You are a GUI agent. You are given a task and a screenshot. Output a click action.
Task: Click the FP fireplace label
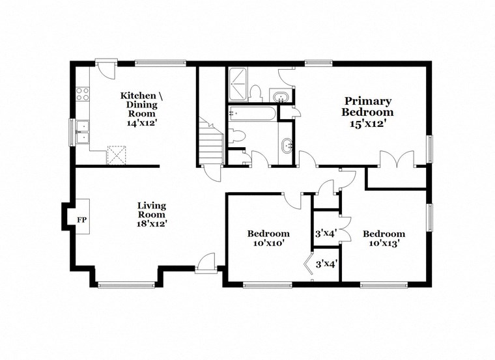[81, 220]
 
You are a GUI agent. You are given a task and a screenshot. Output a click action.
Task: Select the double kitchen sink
[83, 133]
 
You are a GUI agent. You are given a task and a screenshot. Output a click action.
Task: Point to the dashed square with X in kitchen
[117, 154]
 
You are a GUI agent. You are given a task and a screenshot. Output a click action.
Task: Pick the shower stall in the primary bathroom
[238, 83]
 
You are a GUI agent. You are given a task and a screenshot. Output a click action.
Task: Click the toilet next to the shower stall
[256, 91]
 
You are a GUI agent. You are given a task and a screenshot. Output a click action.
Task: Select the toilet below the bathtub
[237, 135]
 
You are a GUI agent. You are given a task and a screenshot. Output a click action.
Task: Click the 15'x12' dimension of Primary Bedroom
[368, 122]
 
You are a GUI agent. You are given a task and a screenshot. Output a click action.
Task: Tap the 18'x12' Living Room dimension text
[151, 223]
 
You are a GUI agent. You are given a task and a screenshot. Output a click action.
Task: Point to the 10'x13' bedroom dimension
[384, 243]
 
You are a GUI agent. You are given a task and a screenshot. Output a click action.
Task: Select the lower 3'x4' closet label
[325, 264]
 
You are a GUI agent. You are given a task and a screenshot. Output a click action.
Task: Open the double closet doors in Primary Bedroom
[397, 159]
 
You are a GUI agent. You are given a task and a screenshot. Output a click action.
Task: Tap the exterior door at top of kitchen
[106, 65]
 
